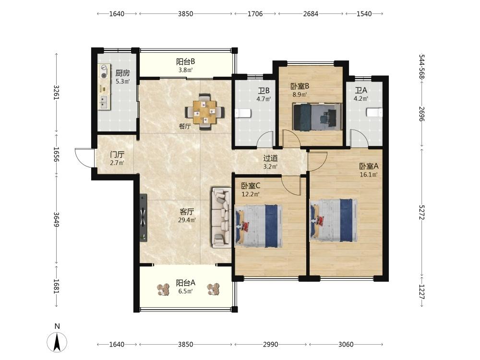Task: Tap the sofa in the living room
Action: (x=221, y=217)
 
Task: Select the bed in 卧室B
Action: (x=317, y=117)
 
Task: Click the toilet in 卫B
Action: (x=243, y=113)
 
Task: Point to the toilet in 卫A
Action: (x=374, y=112)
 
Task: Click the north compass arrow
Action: (x=57, y=342)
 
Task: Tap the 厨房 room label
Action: (x=122, y=73)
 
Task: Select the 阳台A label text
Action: (x=185, y=283)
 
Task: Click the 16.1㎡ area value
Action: (x=369, y=175)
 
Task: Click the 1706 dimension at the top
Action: (x=255, y=13)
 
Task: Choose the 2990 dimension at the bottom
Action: (x=271, y=344)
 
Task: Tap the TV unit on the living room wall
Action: (x=143, y=217)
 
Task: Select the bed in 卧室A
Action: (x=334, y=220)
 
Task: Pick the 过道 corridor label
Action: (x=271, y=158)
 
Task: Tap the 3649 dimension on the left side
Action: (x=56, y=219)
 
